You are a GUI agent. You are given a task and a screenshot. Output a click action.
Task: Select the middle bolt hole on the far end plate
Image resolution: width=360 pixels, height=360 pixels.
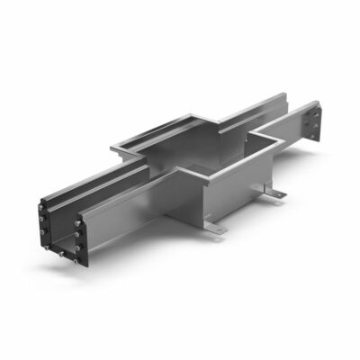317,124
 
